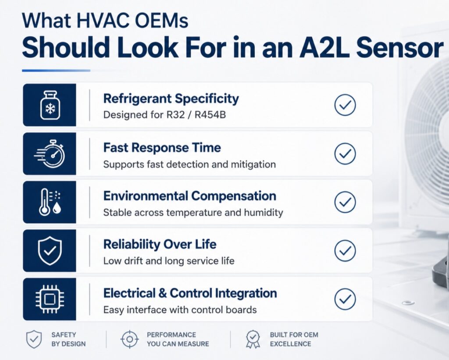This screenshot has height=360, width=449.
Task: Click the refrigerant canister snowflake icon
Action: [x=50, y=105]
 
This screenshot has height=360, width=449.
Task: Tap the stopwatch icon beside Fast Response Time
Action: [x=50, y=154]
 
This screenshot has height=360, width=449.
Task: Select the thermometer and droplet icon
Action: [x=50, y=202]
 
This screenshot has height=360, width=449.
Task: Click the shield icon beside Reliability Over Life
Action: [x=50, y=250]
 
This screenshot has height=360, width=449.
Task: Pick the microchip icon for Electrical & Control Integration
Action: [x=50, y=299]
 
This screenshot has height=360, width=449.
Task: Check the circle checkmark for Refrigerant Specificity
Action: [x=345, y=105]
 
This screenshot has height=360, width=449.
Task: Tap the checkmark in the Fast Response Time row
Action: [x=345, y=153]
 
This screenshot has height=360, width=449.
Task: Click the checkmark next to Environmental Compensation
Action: [x=345, y=202]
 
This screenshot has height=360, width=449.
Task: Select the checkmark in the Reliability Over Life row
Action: [x=345, y=250]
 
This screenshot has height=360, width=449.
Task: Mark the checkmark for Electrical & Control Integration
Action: [x=345, y=299]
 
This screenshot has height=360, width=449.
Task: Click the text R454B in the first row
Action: [x=210, y=115]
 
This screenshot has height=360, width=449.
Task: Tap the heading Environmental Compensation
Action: [x=190, y=196]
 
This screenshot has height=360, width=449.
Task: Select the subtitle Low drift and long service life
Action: [x=169, y=261]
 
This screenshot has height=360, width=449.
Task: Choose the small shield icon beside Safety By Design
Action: [x=34, y=339]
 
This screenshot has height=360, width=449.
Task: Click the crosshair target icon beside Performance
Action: [x=130, y=339]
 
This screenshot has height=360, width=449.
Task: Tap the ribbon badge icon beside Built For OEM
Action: [x=253, y=339]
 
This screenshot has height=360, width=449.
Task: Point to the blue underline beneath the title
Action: [x=56, y=71]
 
